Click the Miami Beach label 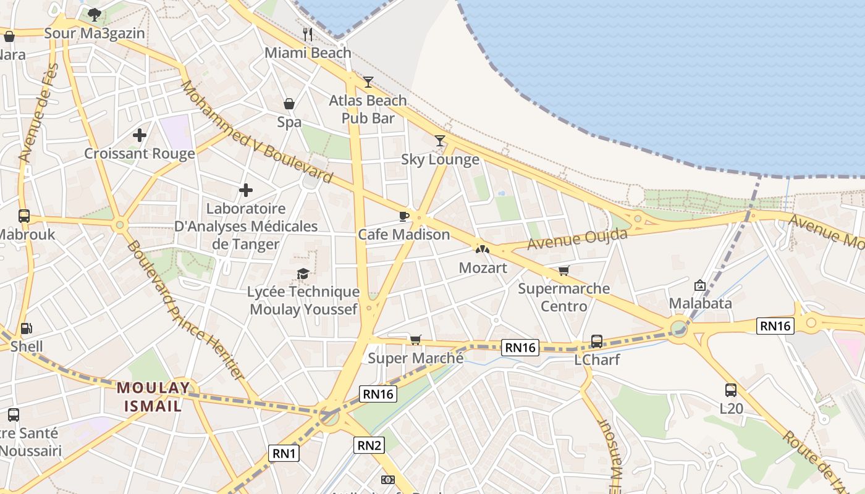tap(308, 53)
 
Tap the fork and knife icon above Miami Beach tap(308, 34)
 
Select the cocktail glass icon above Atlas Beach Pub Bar tap(368, 82)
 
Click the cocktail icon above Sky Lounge tap(439, 141)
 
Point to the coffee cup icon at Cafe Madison tap(403, 216)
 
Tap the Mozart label tap(483, 268)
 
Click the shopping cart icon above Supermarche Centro tap(563, 270)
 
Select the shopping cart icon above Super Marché tap(415, 340)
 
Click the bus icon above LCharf tap(597, 341)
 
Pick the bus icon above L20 tap(731, 390)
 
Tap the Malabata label tap(701, 303)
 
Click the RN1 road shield tap(285, 454)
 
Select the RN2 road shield tap(369, 445)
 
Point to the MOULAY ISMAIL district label tap(153, 396)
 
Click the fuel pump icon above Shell tap(26, 329)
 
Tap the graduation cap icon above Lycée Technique tap(303, 274)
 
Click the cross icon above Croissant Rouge tap(140, 135)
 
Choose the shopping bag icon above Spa tap(289, 104)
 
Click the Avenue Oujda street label tap(576, 239)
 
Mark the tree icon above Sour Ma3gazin tap(94, 14)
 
